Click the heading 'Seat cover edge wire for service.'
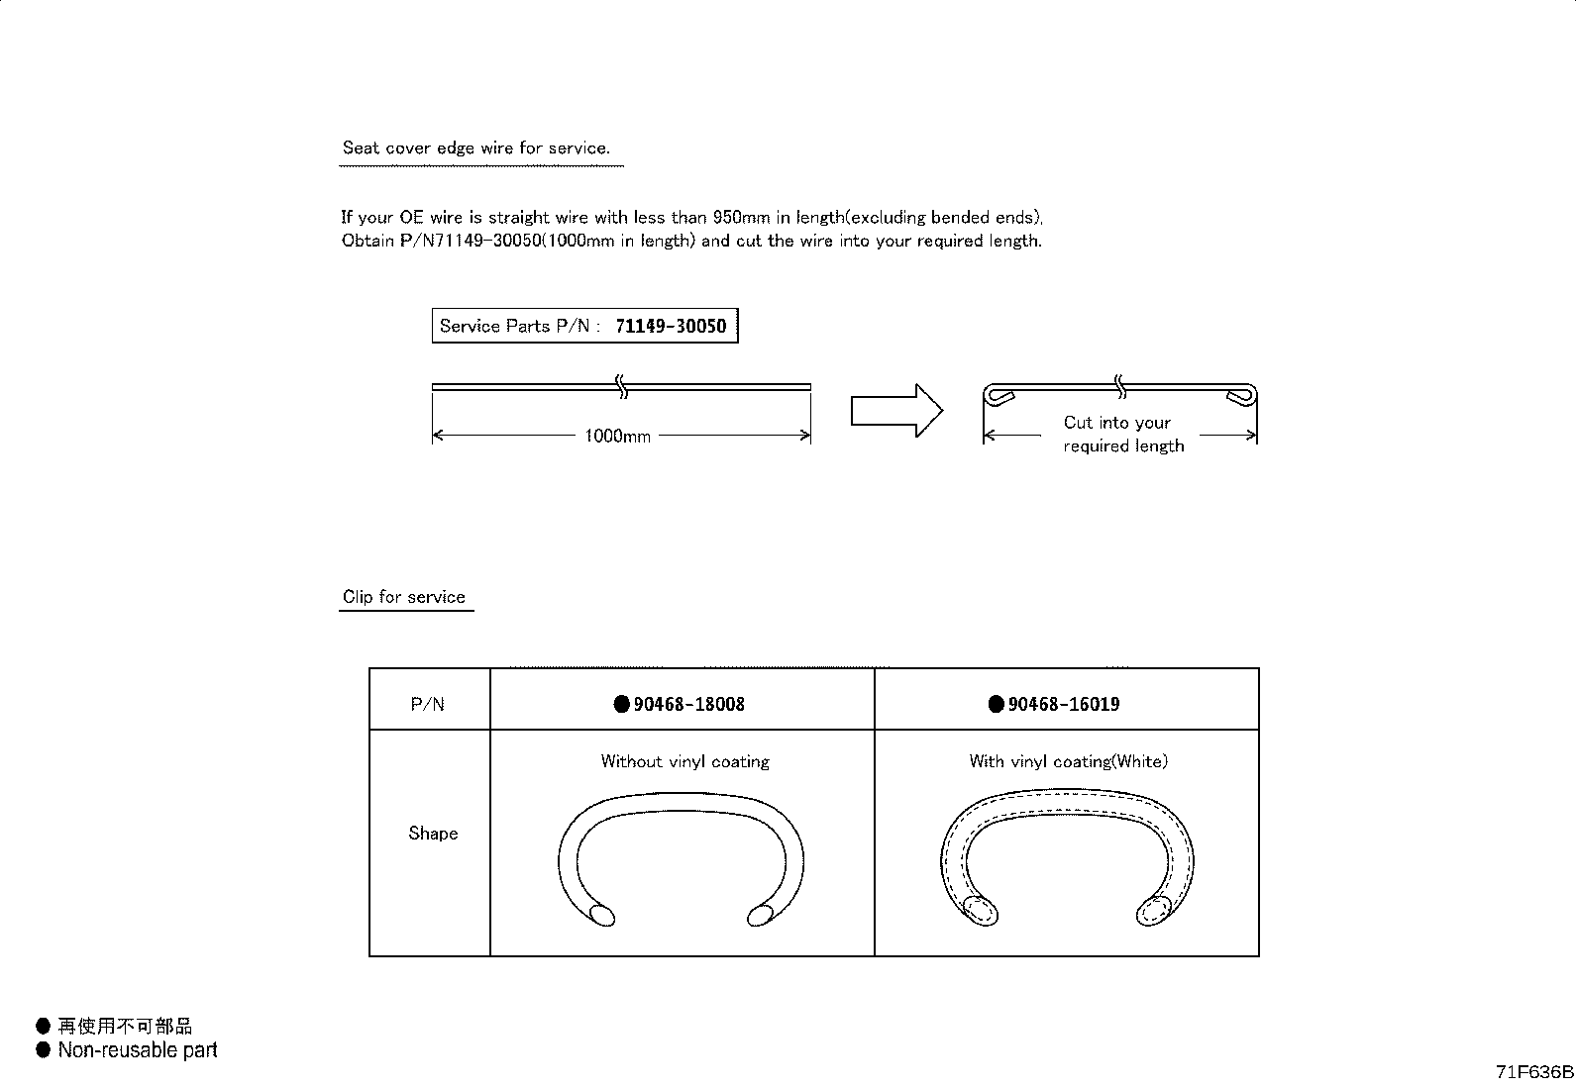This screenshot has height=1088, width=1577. (475, 148)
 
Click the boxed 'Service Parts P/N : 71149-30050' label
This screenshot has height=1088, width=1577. (584, 326)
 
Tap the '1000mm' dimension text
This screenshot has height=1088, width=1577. (617, 436)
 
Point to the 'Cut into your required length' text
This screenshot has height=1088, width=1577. (1121, 434)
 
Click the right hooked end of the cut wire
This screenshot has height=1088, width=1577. (1240, 396)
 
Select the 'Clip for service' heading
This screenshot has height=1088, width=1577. (404, 597)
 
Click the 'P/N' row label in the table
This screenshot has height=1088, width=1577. (428, 705)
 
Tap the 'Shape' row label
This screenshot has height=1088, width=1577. (433, 834)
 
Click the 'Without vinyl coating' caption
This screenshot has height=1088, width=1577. (684, 761)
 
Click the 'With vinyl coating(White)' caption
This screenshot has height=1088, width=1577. (1068, 761)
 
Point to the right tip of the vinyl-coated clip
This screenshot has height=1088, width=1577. (1155, 910)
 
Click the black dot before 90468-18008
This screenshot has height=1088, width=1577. (621, 705)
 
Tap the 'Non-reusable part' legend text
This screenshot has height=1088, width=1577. (137, 1050)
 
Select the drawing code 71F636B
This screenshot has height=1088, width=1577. (1534, 1072)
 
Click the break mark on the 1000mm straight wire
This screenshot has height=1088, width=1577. (622, 386)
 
